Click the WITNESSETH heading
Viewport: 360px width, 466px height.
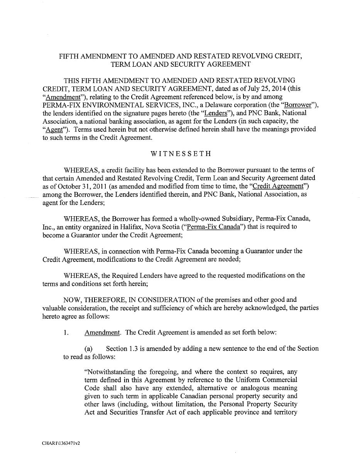click(181, 154)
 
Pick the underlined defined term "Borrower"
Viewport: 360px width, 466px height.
click(297, 105)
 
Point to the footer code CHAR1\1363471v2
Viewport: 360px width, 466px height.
click(61, 443)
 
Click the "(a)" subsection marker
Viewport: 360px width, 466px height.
click(88, 348)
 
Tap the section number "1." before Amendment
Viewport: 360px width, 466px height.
click(66, 332)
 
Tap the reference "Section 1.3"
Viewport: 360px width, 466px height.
click(122, 348)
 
